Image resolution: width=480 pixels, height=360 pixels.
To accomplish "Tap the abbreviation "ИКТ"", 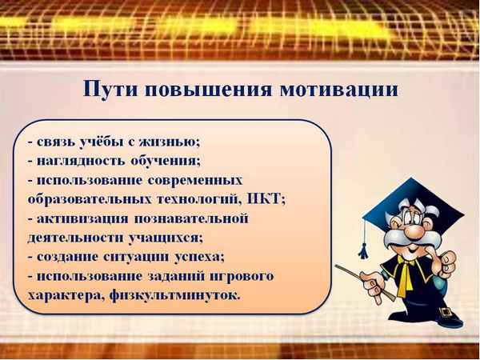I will (268, 199).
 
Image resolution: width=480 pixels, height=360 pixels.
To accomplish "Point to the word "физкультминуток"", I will (177, 295).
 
